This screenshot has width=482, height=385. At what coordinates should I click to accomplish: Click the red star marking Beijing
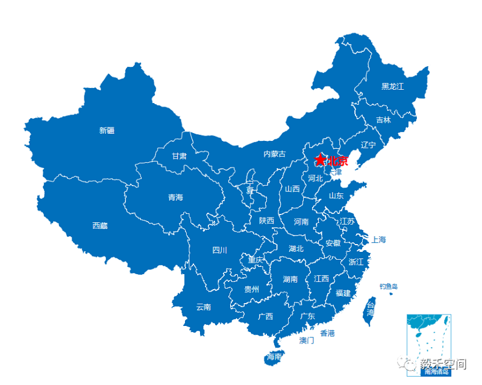pos(321,160)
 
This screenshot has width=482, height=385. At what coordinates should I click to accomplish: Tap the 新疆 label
pos(107,130)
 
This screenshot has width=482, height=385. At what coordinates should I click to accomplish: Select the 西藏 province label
pos(100,225)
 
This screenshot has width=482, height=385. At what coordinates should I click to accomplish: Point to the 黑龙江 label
pos(393,86)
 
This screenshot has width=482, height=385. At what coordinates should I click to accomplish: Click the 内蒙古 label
pos(275,154)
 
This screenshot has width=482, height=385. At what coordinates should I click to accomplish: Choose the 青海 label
pos(175,197)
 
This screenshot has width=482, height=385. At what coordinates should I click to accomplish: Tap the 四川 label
pos(219,250)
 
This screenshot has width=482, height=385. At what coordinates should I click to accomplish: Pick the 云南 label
pos(204,307)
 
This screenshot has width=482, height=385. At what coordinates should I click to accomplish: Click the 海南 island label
pos(274,357)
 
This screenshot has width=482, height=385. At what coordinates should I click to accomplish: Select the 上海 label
pos(378,239)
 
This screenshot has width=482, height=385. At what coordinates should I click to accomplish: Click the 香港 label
pos(327,333)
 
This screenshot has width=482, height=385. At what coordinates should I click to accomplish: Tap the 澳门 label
pos(307,340)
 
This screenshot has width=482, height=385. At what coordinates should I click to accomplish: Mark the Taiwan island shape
pos(369,310)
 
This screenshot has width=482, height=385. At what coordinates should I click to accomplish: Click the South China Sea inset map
pos(429,344)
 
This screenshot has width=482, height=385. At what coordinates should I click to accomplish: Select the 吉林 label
pos(383,120)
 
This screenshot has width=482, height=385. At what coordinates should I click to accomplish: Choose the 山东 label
pos(336,195)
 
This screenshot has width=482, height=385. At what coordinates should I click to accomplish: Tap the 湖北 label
pos(296,248)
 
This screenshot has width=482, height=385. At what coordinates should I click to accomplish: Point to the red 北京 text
pos(337,161)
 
